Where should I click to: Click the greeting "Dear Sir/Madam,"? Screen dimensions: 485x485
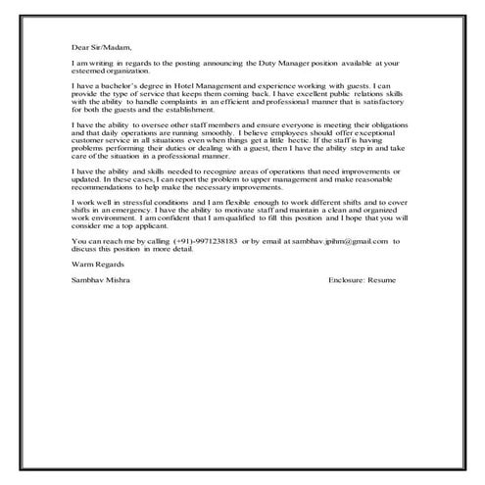coord(101,46)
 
